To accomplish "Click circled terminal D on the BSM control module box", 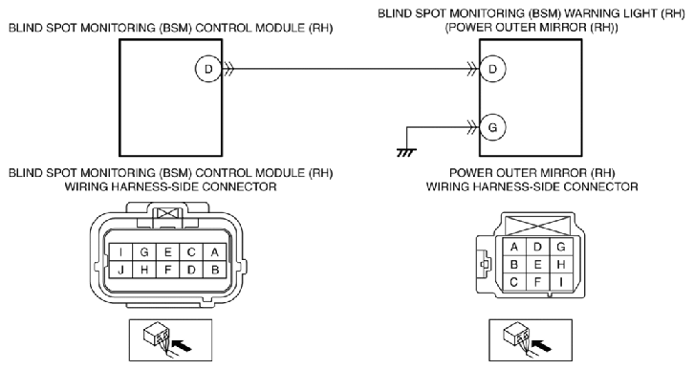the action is point(208,69).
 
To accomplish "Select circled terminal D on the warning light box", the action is point(492,69).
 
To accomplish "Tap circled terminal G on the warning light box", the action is point(492,127).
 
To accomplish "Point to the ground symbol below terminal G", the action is point(406,153).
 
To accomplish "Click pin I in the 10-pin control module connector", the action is point(120,252).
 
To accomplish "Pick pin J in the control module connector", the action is point(120,270).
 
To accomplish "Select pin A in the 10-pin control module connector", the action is point(215,252).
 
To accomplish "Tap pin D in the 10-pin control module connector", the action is point(191,270).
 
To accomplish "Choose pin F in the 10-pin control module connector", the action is point(167,270).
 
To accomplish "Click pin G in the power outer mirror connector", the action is point(561,247).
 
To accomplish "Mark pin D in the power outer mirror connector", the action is point(537,247).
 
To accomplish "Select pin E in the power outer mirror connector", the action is point(537,265).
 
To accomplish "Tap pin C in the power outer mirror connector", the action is point(514,282).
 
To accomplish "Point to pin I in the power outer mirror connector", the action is point(561,282).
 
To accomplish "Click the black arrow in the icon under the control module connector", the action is point(184,344).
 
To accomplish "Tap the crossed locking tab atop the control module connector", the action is point(167,214).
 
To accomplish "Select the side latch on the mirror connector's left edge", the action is point(484,264).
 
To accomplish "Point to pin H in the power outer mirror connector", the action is point(561,265).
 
